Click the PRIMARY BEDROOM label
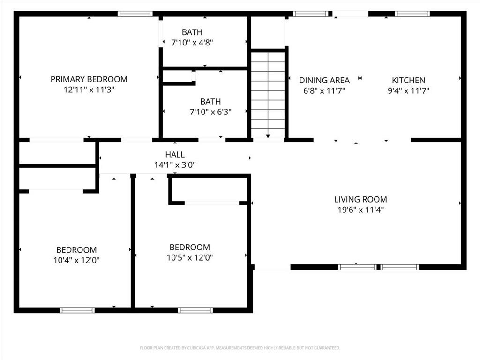point(89,79)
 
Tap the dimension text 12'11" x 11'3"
point(89,90)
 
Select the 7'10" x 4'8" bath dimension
point(192,43)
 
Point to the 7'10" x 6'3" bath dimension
point(210,112)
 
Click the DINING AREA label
point(324,80)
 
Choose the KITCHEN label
point(409,80)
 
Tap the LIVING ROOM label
point(360,199)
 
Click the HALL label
point(175,154)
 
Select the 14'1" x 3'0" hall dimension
point(175,165)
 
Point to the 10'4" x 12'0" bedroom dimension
point(76,260)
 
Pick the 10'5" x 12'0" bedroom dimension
point(190,257)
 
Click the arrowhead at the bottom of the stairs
point(268,136)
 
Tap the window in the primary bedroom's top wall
point(135,14)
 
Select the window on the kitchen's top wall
point(412,14)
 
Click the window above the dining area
point(311,14)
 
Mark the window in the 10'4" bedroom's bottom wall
point(77,310)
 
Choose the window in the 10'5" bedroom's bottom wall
point(195,310)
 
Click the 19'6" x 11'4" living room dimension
point(360,210)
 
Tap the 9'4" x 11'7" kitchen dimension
point(409,90)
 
